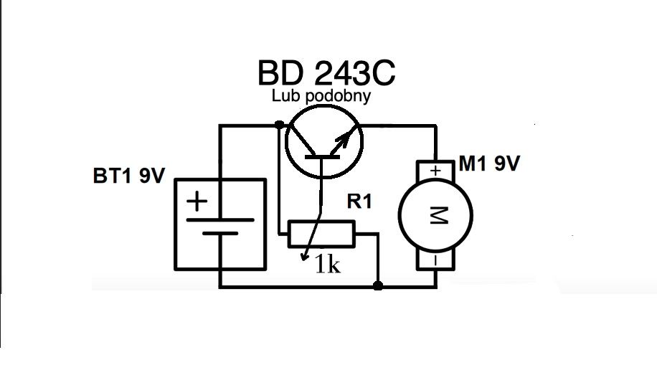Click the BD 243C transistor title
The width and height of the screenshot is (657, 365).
click(x=326, y=72)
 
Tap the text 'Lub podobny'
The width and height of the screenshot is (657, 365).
click(x=321, y=95)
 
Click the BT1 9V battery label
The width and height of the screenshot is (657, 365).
click(x=129, y=176)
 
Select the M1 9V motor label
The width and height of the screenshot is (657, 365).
click(x=489, y=163)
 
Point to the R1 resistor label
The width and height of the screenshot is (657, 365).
click(x=359, y=202)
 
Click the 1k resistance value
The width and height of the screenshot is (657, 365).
click(x=328, y=264)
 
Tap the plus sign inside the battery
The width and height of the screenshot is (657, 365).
click(x=197, y=202)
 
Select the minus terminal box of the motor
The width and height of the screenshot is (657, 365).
click(x=436, y=260)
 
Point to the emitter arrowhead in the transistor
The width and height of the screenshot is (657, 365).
click(x=344, y=136)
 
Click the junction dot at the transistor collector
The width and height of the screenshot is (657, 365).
click(x=279, y=125)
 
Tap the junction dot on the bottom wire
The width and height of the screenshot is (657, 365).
click(x=378, y=286)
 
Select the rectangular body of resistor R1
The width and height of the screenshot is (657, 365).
click(x=321, y=234)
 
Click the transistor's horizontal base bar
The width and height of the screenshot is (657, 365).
click(x=321, y=157)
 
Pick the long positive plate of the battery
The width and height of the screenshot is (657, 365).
click(x=220, y=220)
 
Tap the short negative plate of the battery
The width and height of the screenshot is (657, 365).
click(x=220, y=234)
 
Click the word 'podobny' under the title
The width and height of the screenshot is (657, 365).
click(x=338, y=96)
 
